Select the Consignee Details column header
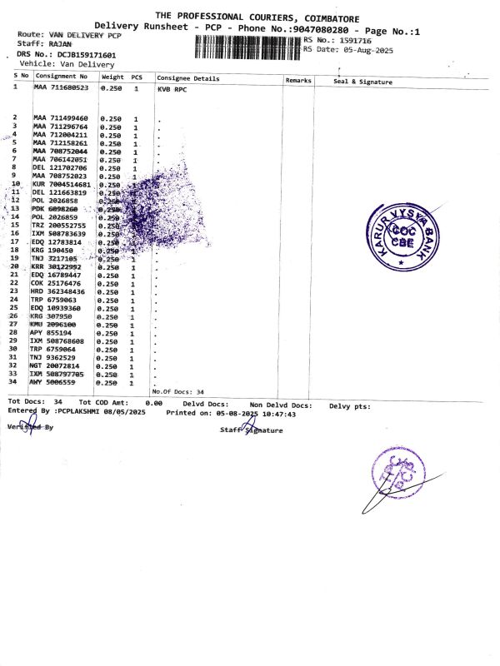[188, 78]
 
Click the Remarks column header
[297, 80]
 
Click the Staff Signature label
[251, 430]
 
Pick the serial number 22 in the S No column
[13, 283]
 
